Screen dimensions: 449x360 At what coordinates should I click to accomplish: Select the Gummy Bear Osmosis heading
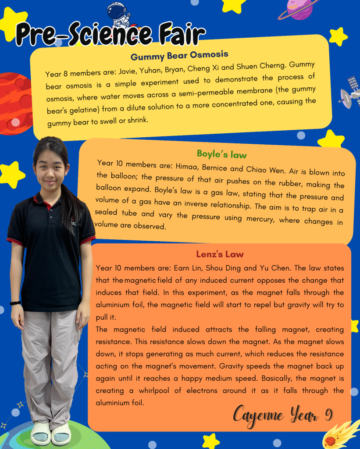179,56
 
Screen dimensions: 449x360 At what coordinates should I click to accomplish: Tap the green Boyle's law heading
221,154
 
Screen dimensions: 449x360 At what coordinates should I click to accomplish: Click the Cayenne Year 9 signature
282,415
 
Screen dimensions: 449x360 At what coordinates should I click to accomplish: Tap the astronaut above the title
119,13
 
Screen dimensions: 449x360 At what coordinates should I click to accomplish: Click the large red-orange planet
13,103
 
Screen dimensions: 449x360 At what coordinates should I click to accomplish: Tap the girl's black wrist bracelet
16,303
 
